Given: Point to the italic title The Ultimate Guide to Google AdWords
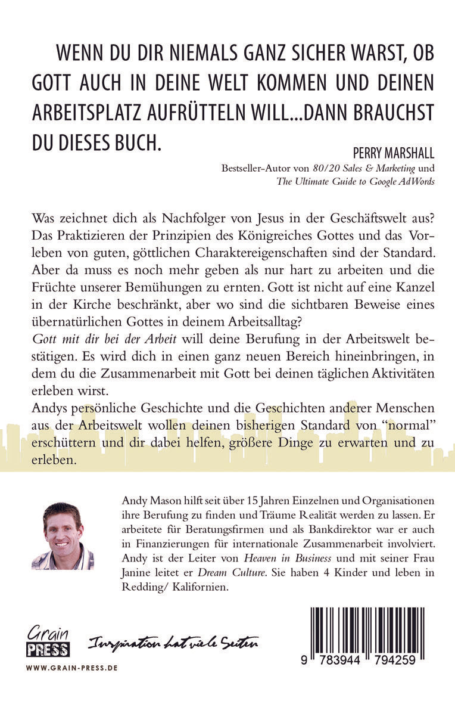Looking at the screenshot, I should tap(354, 182).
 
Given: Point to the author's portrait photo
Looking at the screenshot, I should tap(63, 536).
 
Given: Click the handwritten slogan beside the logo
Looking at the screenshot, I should tap(173, 643).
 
